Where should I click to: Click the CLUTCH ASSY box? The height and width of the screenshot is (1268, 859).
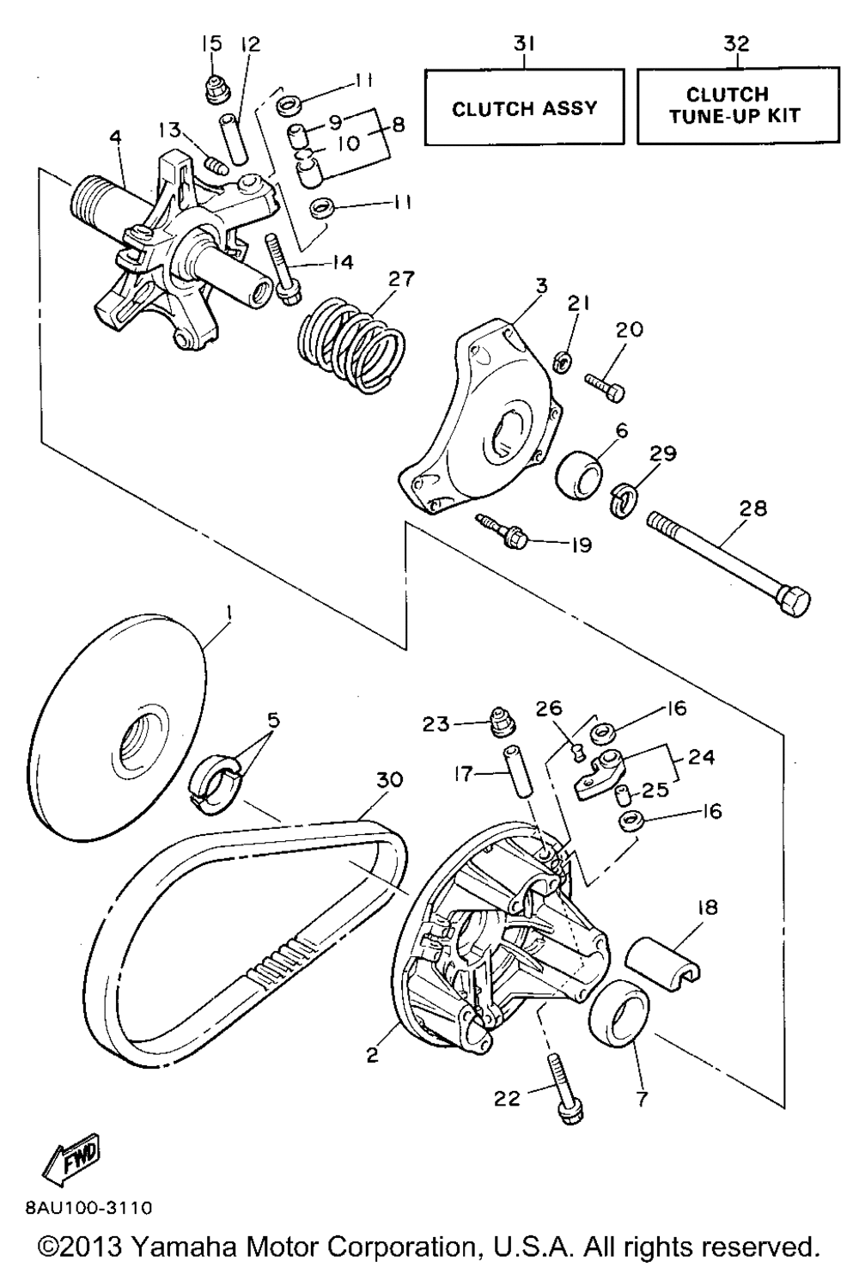pyautogui.click(x=524, y=108)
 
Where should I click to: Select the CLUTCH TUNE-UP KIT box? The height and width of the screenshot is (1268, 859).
pyautogui.click(x=737, y=105)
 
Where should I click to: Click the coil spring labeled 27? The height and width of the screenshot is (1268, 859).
pyautogui.click(x=350, y=341)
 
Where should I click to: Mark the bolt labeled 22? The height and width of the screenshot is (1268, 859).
pyautogui.click(x=560, y=1088)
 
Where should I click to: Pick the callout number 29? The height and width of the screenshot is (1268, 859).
pyautogui.click(x=663, y=454)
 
